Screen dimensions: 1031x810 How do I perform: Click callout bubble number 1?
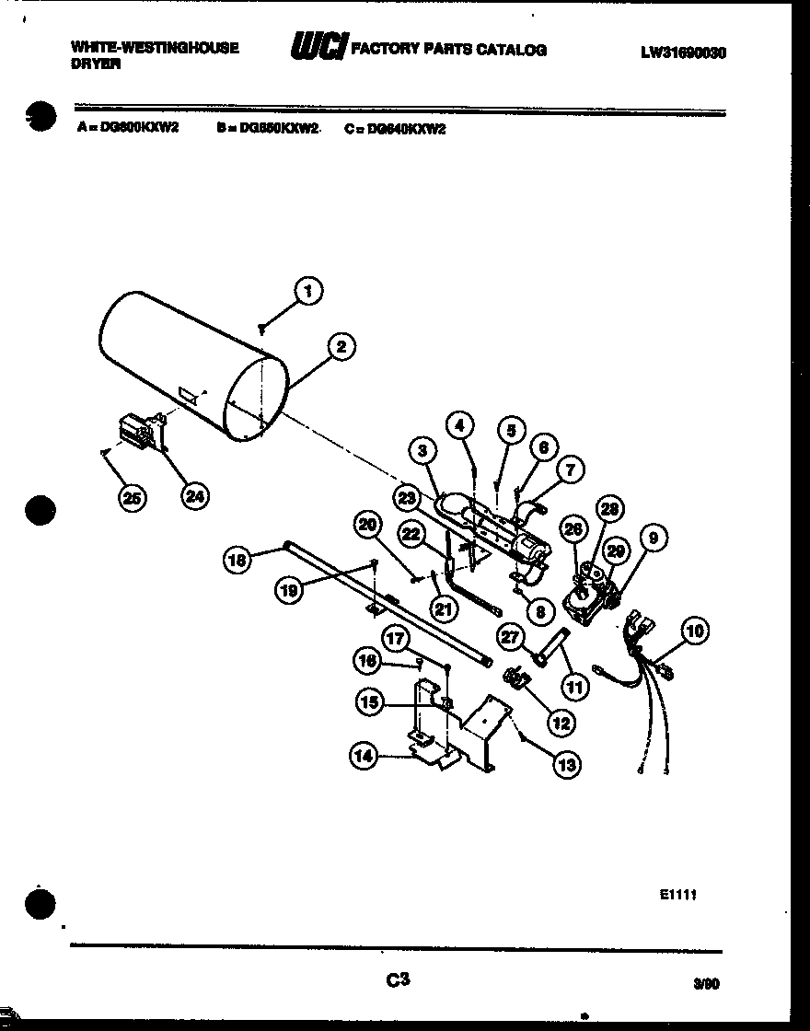tap(308, 291)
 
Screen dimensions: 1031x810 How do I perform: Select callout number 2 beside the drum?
tap(341, 347)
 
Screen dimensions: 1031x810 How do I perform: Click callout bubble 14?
tap(364, 757)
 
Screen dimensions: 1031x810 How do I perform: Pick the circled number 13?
tap(566, 763)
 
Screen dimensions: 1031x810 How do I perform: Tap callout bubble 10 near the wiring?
tap(696, 631)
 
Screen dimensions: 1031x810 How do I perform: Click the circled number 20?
tap(368, 525)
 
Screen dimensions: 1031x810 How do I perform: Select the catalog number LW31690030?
tap(683, 52)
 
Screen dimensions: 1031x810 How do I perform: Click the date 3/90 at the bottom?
tap(705, 983)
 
